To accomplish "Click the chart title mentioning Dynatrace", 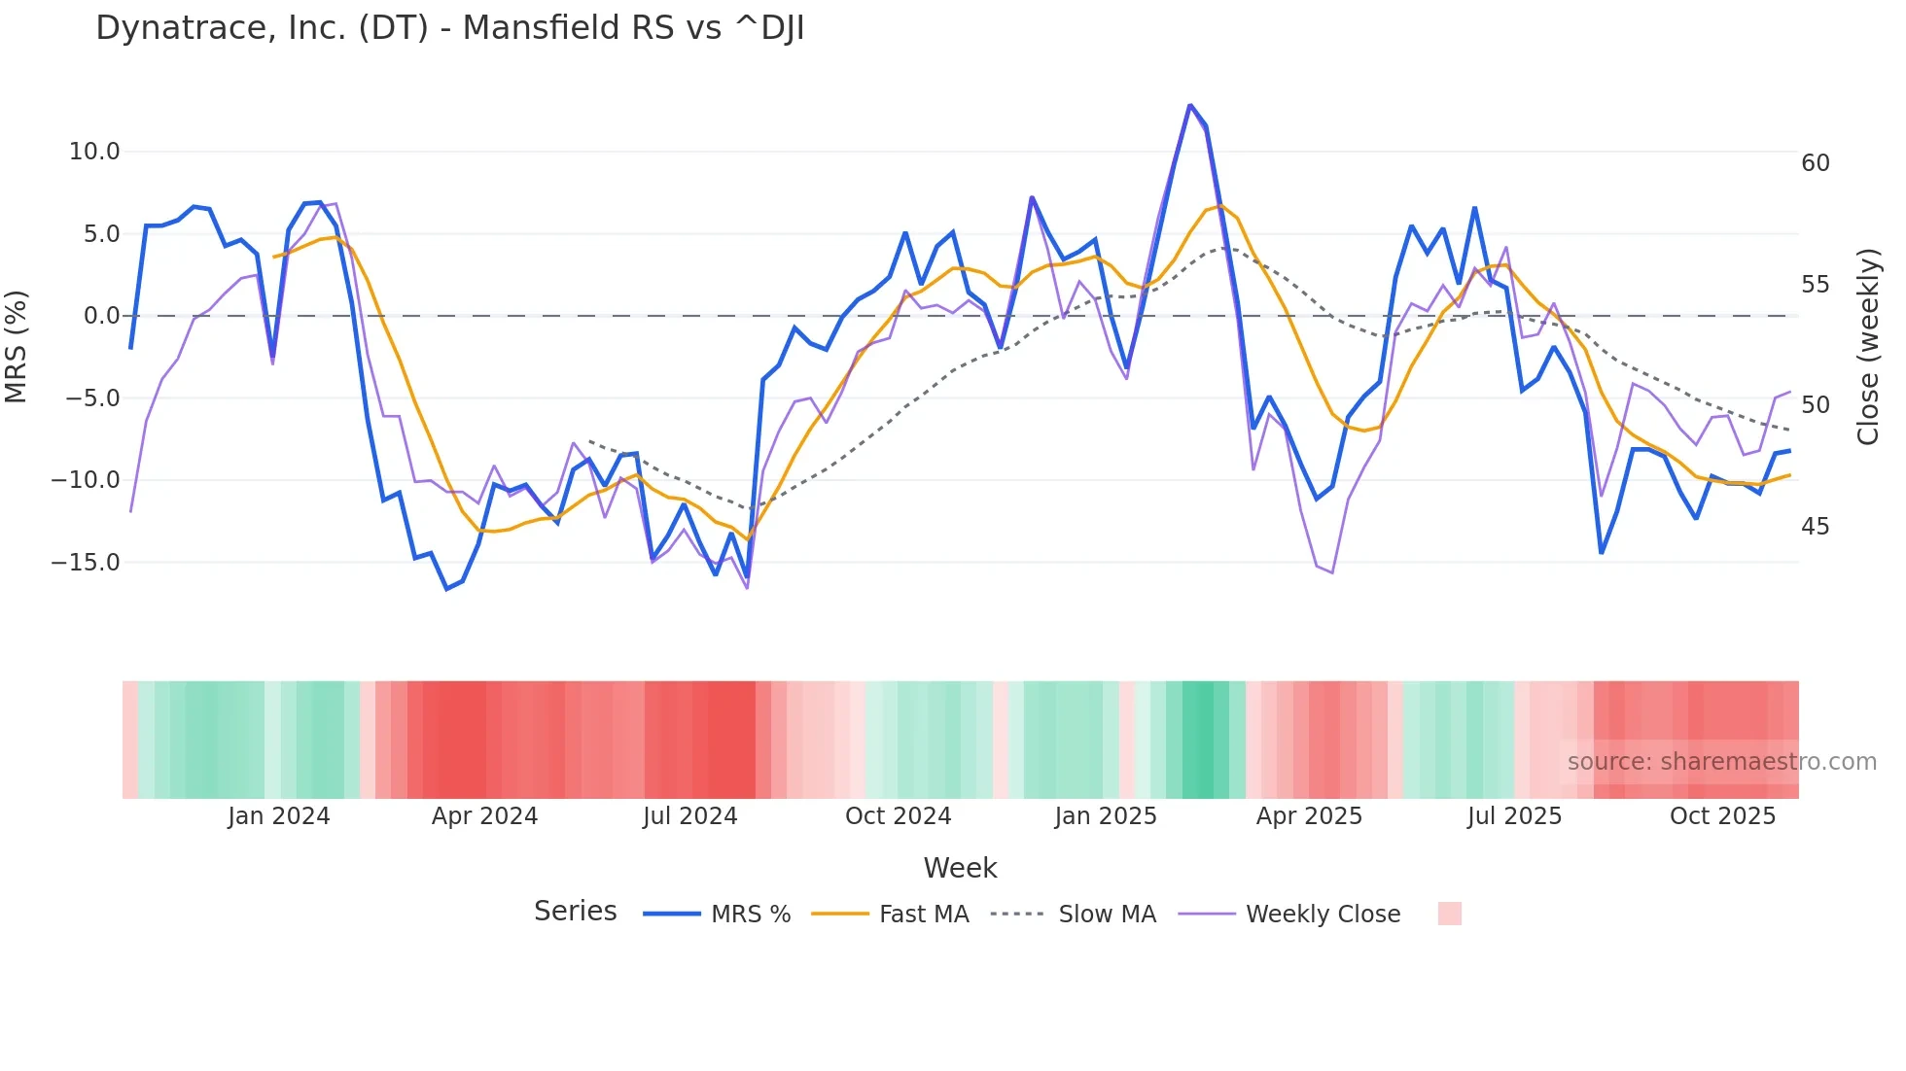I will pyautogui.click(x=449, y=28).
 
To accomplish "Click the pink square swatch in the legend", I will pyautogui.click(x=1449, y=914).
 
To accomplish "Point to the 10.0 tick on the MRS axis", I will pyautogui.click(x=94, y=152).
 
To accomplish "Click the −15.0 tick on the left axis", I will pyautogui.click(x=87, y=563).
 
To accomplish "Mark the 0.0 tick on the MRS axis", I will pyautogui.click(x=101, y=316).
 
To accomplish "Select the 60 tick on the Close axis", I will pyautogui.click(x=1816, y=163).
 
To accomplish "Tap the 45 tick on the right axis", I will pyautogui.click(x=1816, y=527).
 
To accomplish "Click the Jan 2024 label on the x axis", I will pyautogui.click(x=279, y=816).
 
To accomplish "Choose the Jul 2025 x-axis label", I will pyautogui.click(x=1514, y=816).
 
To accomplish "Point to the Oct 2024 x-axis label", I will pyautogui.click(x=898, y=816).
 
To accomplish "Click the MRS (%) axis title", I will pyautogui.click(x=17, y=346).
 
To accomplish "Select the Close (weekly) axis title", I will pyautogui.click(x=1868, y=347).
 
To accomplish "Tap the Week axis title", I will pyautogui.click(x=960, y=868).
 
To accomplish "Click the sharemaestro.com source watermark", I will pyautogui.click(x=1721, y=762).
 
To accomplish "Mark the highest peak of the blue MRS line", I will pyautogui.click(x=1189, y=105).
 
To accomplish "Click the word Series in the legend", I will pyautogui.click(x=575, y=912).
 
